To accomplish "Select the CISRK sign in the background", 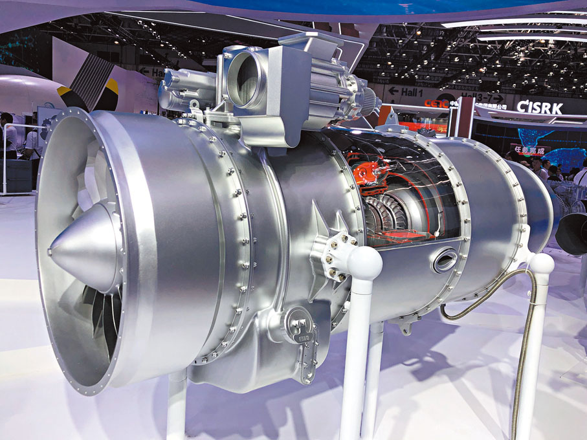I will pos(539,108).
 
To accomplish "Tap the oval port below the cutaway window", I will pos(445,260).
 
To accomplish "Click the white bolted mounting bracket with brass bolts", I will pos(337,256).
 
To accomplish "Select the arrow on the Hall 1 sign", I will pos(393,91).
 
